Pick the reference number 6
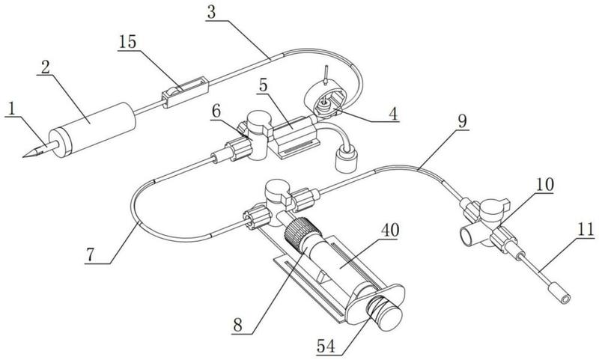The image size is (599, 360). click(216, 110)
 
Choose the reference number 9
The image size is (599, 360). click(461, 120)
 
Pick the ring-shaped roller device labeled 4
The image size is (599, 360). click(328, 103)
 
